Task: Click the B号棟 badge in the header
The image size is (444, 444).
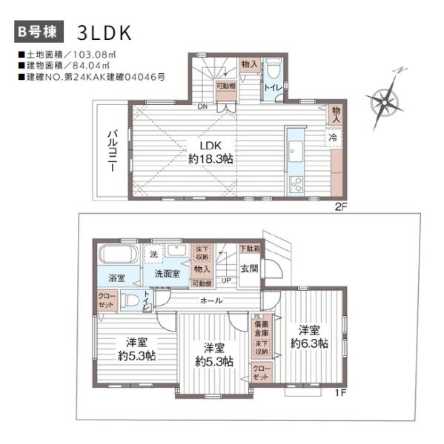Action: pyautogui.click(x=38, y=32)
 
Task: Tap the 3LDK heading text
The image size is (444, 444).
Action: pyautogui.click(x=103, y=32)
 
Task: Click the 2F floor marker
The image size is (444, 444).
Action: pyautogui.click(x=340, y=205)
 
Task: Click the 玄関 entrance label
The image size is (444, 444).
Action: pyautogui.click(x=249, y=268)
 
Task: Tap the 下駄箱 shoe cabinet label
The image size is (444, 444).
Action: pyautogui.click(x=249, y=249)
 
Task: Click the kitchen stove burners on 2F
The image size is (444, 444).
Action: pyautogui.click(x=295, y=184)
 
